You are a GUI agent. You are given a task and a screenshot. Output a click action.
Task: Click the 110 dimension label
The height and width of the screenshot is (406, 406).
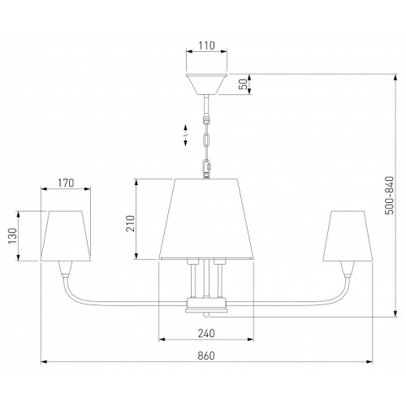206,45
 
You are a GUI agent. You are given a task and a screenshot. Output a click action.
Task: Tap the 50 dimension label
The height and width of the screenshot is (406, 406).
244,84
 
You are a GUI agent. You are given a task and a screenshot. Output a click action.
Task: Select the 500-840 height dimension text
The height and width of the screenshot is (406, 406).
389,195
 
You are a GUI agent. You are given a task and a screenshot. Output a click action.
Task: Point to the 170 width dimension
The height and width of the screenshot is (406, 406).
66,183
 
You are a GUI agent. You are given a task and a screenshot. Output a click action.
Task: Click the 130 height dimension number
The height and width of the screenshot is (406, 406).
12,235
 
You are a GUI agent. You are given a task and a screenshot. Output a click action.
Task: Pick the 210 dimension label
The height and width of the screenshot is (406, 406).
131,223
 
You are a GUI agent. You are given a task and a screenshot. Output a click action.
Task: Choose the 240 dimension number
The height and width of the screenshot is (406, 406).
206,333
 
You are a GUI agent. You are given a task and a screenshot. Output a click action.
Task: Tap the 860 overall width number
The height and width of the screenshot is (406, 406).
206,356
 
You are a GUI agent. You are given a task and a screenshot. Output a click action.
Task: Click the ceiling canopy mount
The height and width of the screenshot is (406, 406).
206,84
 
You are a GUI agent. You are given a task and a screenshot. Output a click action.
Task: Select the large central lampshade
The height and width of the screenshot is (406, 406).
206,218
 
